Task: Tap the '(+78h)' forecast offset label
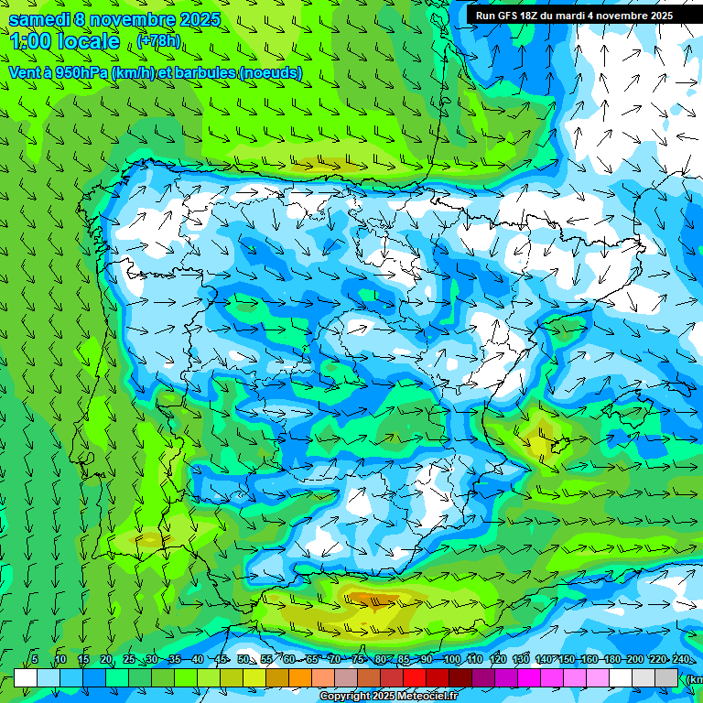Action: pyautogui.click(x=158, y=41)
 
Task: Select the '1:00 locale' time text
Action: pyautogui.click(x=65, y=41)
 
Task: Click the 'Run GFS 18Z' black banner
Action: pyautogui.click(x=574, y=16)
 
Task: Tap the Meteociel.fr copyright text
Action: pyautogui.click(x=388, y=697)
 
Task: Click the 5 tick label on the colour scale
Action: pyautogui.click(x=35, y=659)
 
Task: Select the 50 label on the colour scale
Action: pyautogui.click(x=243, y=659)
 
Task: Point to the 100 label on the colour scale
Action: pyautogui.click(x=451, y=659)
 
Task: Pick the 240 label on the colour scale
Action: pyautogui.click(x=681, y=659)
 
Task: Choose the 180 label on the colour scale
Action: pyautogui.click(x=611, y=659)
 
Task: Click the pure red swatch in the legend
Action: pyautogui.click(x=415, y=677)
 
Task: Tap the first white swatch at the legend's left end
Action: pyautogui.click(x=26, y=677)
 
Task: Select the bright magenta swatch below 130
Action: pyautogui.click(x=529, y=677)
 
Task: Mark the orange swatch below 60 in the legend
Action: pyautogui.click(x=300, y=677)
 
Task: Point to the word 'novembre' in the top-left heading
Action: pyautogui.click(x=134, y=19)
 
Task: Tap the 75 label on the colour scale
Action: pyautogui.click(x=358, y=659)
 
